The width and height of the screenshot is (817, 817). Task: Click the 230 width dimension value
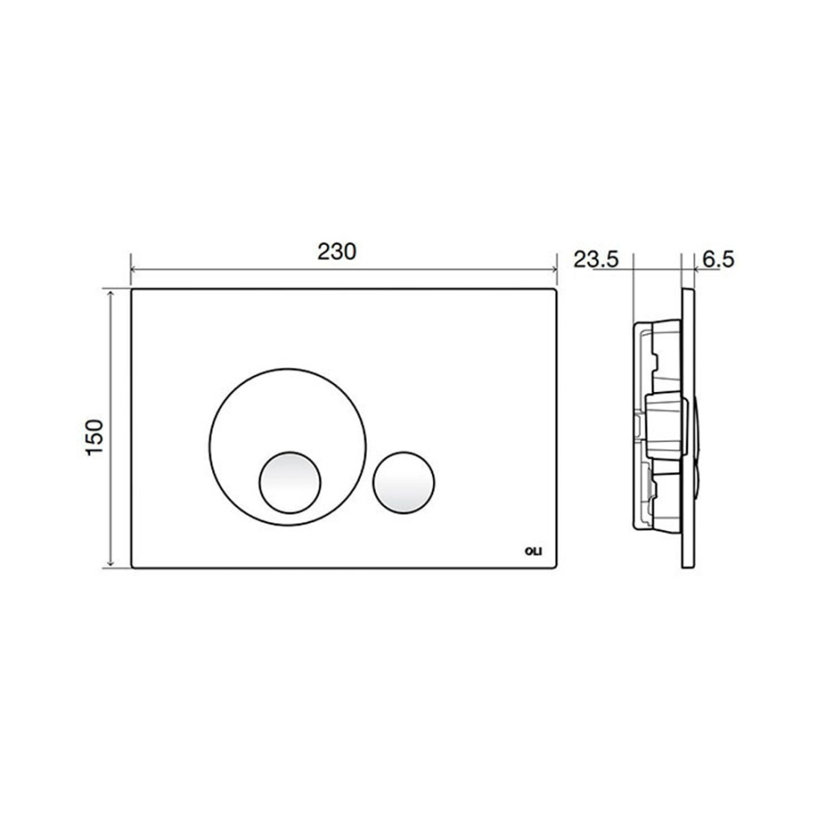pyautogui.click(x=344, y=251)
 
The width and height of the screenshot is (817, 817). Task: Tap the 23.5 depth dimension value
pyautogui.click(x=596, y=260)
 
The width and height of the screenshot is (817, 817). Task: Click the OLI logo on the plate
pyautogui.click(x=534, y=549)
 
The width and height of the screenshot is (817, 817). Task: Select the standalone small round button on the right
pyautogui.click(x=404, y=478)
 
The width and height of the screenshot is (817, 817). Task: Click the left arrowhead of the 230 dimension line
pyautogui.click(x=136, y=270)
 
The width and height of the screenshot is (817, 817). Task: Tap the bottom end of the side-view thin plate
pyautogui.click(x=687, y=570)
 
